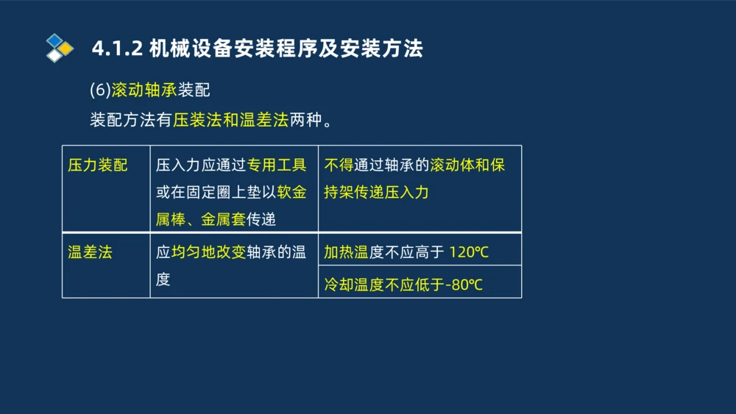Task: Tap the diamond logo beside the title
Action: coord(59,48)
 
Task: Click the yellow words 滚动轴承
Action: coord(144,90)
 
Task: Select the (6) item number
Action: coord(99,90)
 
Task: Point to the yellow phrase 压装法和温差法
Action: coord(230,120)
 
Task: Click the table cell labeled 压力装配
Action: coord(97,165)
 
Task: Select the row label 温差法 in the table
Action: coord(90,252)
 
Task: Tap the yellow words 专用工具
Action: coord(277,165)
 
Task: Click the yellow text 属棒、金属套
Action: coord(200,218)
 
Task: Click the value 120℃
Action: coord(469,253)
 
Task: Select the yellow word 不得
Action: coord(339,165)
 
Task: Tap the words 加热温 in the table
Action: coord(346,253)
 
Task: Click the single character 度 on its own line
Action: coord(163,279)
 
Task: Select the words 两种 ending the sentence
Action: coord(306,120)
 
